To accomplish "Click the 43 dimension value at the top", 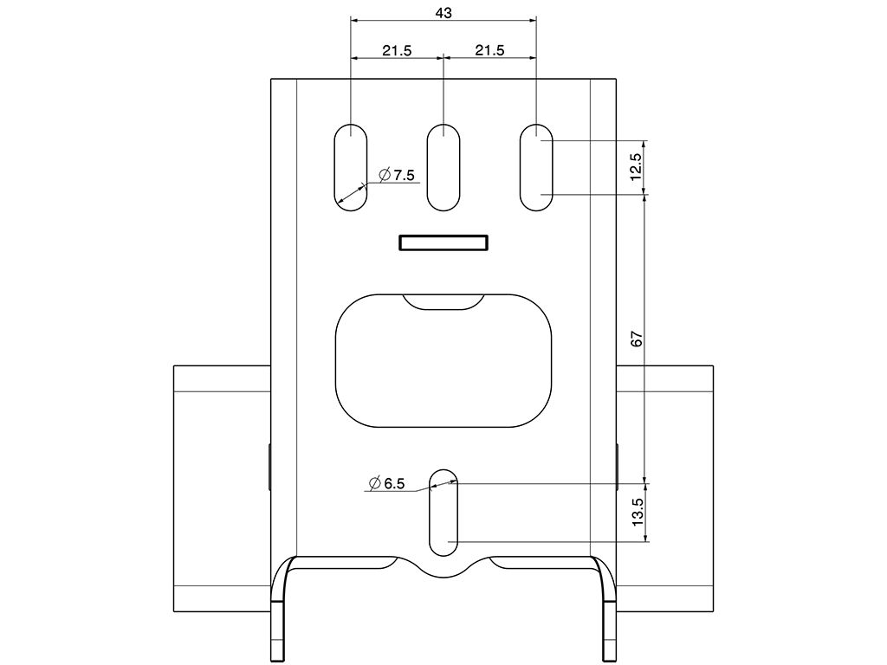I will [443, 13].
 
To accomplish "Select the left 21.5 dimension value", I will [397, 50].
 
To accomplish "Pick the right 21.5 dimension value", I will [489, 50].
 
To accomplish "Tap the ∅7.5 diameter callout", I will [398, 175].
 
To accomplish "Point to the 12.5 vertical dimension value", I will [637, 167].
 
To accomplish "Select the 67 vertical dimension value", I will [637, 339].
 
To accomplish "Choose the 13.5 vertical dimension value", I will [637, 513].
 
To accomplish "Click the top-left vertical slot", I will [350, 168].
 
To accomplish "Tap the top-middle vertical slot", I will [443, 168].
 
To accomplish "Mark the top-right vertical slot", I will [536, 168].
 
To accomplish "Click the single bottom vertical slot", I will [443, 513].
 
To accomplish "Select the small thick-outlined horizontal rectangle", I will [443, 243].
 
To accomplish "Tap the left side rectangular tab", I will [222, 488].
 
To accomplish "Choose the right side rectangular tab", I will [665, 488].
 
